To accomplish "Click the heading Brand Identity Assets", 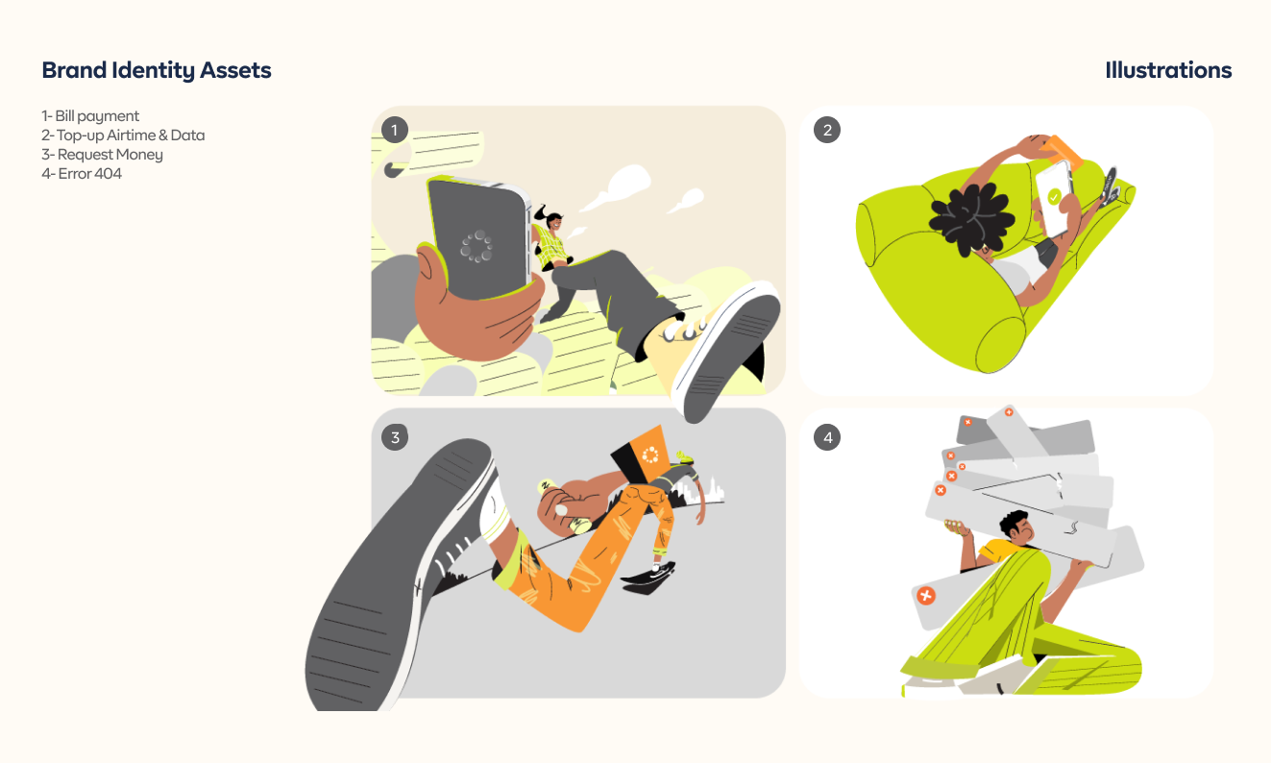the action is [x=157, y=70].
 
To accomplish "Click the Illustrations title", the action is [x=1168, y=70].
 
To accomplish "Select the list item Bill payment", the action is [x=90, y=116].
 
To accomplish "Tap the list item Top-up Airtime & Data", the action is [x=123, y=135].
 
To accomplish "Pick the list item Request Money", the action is [x=102, y=155].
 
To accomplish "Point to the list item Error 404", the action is [x=82, y=174].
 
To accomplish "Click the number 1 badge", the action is [x=394, y=130].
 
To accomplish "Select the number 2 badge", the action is [x=827, y=130].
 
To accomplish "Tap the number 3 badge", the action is [x=394, y=437].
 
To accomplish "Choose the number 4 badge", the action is [x=827, y=437].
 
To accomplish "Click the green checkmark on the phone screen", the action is [x=1054, y=197].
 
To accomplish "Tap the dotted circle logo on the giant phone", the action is [x=477, y=246].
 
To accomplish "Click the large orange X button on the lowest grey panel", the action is [x=926, y=596].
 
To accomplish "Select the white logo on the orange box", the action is [x=650, y=455].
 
